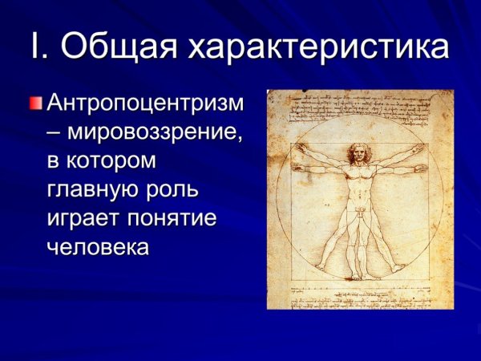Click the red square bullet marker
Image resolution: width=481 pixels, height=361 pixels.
pyautogui.click(x=35, y=103)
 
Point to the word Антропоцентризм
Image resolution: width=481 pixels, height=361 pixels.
pyautogui.click(x=148, y=103)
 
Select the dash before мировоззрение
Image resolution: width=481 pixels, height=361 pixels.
pyautogui.click(x=54, y=132)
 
